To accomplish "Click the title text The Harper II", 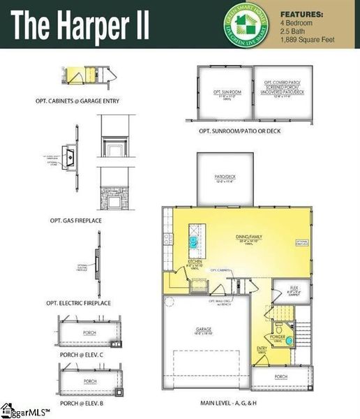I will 80,24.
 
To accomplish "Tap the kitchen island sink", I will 192,241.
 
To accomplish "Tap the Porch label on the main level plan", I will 280,377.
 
